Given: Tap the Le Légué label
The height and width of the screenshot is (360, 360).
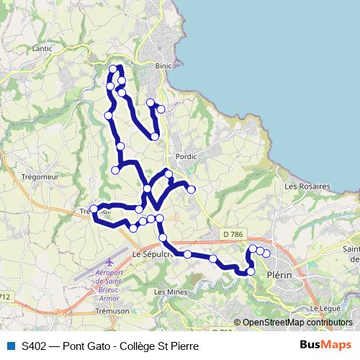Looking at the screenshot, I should (324, 308).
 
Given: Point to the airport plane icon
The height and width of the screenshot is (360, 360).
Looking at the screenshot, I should (108, 262).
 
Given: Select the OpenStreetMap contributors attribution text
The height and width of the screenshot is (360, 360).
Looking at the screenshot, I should (297, 323).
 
